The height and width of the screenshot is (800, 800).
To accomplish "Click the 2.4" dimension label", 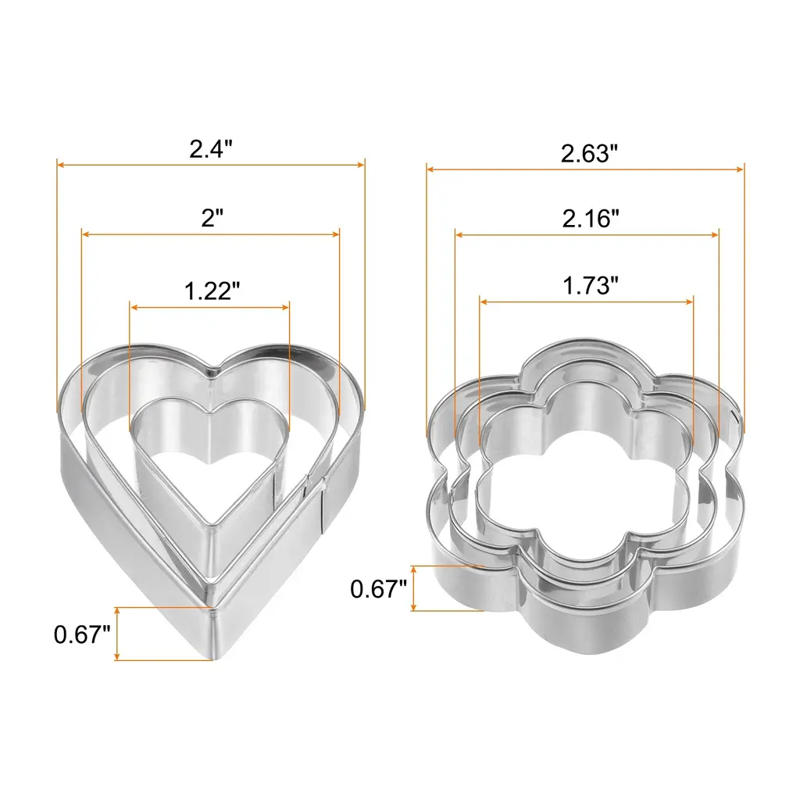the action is [211, 149].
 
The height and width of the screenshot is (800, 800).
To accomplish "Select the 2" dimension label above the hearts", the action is [212, 219].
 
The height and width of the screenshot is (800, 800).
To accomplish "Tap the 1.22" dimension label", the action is [211, 291].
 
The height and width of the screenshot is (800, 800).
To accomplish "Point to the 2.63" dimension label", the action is [589, 154].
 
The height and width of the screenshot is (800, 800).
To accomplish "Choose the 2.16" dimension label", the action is [591, 219].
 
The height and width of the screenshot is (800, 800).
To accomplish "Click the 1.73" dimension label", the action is [591, 286].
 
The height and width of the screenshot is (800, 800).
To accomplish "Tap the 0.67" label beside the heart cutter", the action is [81, 634].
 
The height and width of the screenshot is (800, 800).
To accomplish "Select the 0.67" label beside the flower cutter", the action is [378, 589].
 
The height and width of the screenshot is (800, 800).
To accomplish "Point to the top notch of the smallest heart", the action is [211, 411].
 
